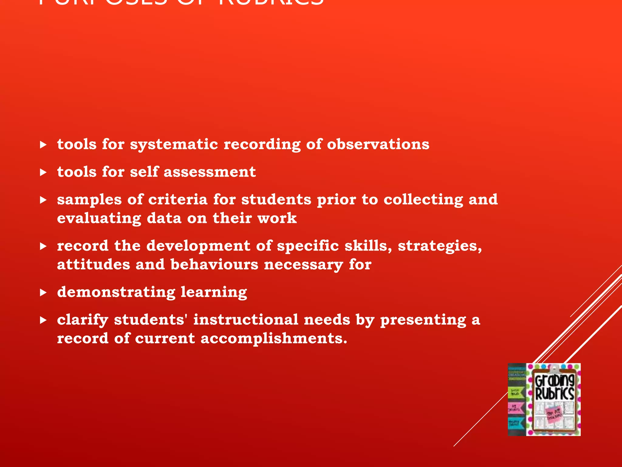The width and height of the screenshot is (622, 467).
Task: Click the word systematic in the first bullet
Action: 174,144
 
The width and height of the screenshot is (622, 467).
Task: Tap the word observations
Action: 378,144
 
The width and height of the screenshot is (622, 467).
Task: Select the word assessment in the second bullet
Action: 210,172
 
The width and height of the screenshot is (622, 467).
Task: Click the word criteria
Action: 178,199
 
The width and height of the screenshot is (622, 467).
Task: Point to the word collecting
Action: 423,200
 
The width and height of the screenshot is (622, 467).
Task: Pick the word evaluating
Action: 99,219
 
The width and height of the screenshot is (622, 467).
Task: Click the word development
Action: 198,246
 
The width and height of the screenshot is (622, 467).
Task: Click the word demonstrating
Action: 116,292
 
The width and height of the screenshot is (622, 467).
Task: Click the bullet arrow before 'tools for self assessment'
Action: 43,172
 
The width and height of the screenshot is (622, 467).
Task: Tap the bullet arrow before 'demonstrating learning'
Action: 43,292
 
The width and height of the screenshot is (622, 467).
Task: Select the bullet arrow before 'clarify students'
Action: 43,320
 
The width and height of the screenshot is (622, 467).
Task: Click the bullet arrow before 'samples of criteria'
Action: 43,200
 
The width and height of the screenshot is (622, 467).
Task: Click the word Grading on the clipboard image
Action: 555,380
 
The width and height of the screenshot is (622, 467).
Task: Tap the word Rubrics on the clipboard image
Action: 555,393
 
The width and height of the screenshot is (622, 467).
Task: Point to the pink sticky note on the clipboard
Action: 555,413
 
